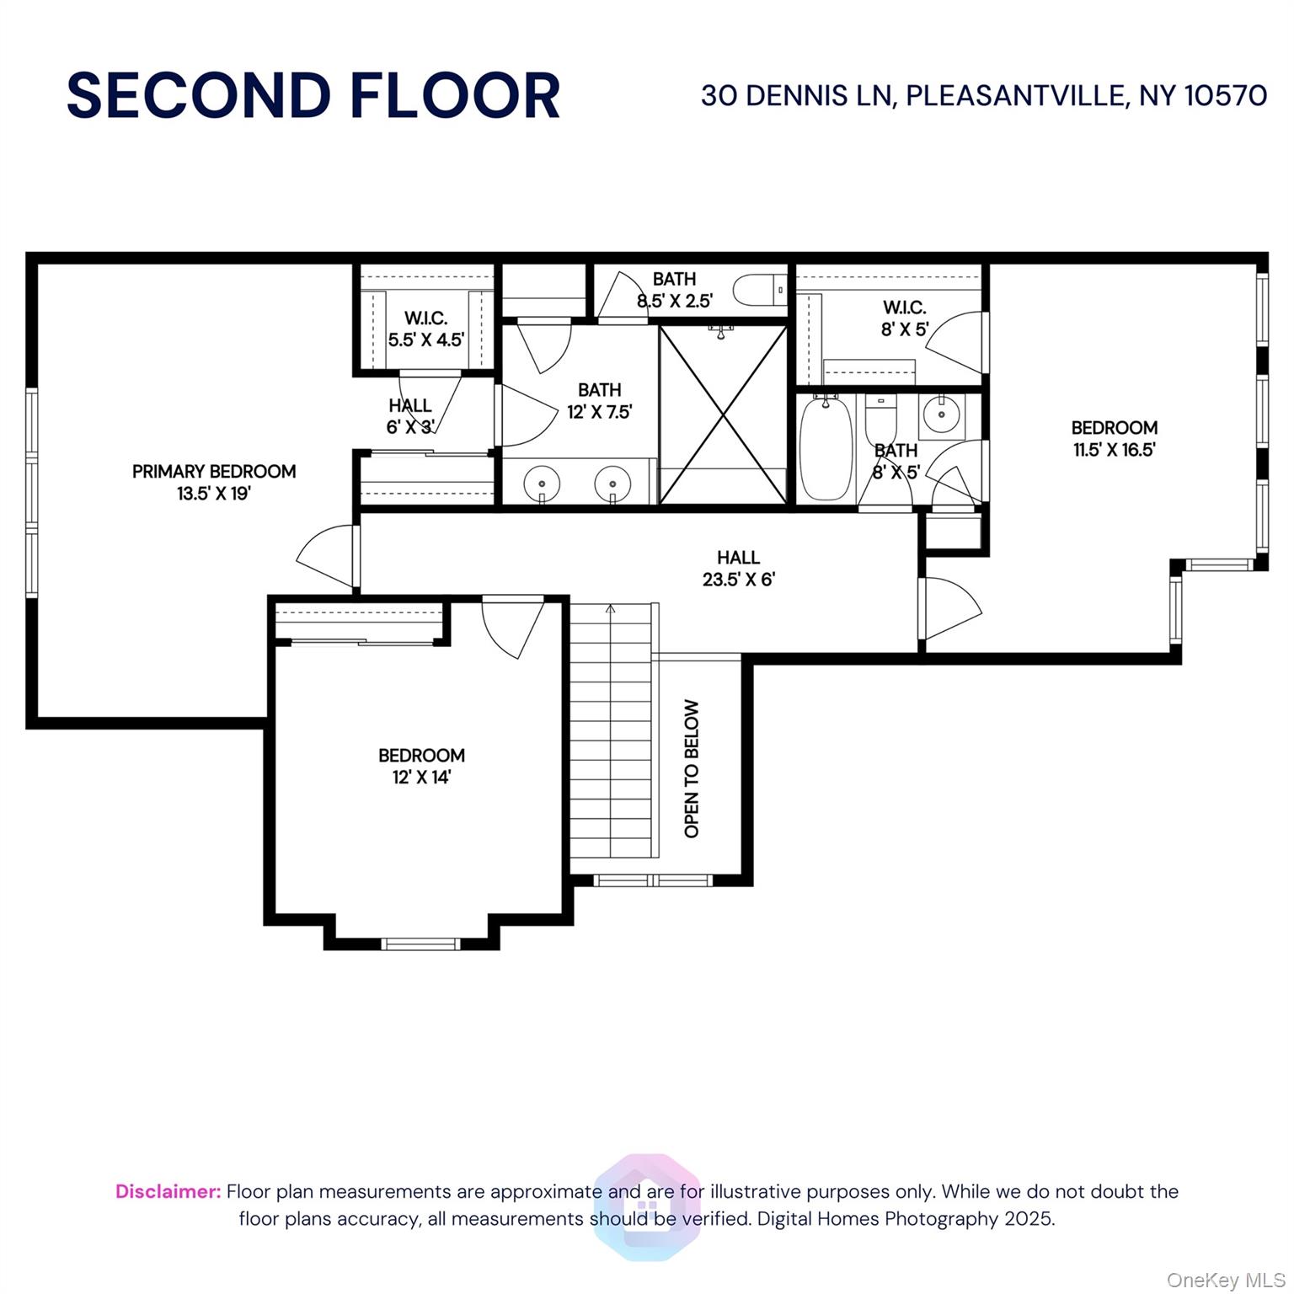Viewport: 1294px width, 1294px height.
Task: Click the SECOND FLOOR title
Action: coord(313,95)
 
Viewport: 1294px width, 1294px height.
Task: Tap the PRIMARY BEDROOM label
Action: coord(214,472)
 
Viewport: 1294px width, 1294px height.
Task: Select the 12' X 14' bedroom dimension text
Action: coord(421,777)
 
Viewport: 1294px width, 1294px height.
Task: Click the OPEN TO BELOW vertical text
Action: coord(692,768)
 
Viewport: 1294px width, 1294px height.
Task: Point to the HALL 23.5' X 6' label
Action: coord(738,569)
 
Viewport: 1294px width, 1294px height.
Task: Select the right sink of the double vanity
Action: coord(612,484)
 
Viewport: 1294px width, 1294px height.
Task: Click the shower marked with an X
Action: coord(723,414)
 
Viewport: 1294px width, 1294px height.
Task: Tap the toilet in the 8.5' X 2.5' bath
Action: coord(759,290)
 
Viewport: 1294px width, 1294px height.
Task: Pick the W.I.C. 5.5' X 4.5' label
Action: coord(425,329)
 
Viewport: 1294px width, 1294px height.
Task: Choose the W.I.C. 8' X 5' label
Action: coord(904,318)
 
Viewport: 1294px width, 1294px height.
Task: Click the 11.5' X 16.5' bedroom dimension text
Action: coord(1114,450)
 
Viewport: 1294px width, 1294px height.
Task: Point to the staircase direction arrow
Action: coord(611,608)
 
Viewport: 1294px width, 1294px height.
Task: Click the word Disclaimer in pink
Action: coord(168,1191)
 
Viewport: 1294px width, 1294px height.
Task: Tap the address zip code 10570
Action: coord(1226,95)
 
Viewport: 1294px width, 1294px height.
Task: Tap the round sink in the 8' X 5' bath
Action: coord(938,414)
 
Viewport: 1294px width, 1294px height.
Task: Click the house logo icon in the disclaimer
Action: coord(647,1207)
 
